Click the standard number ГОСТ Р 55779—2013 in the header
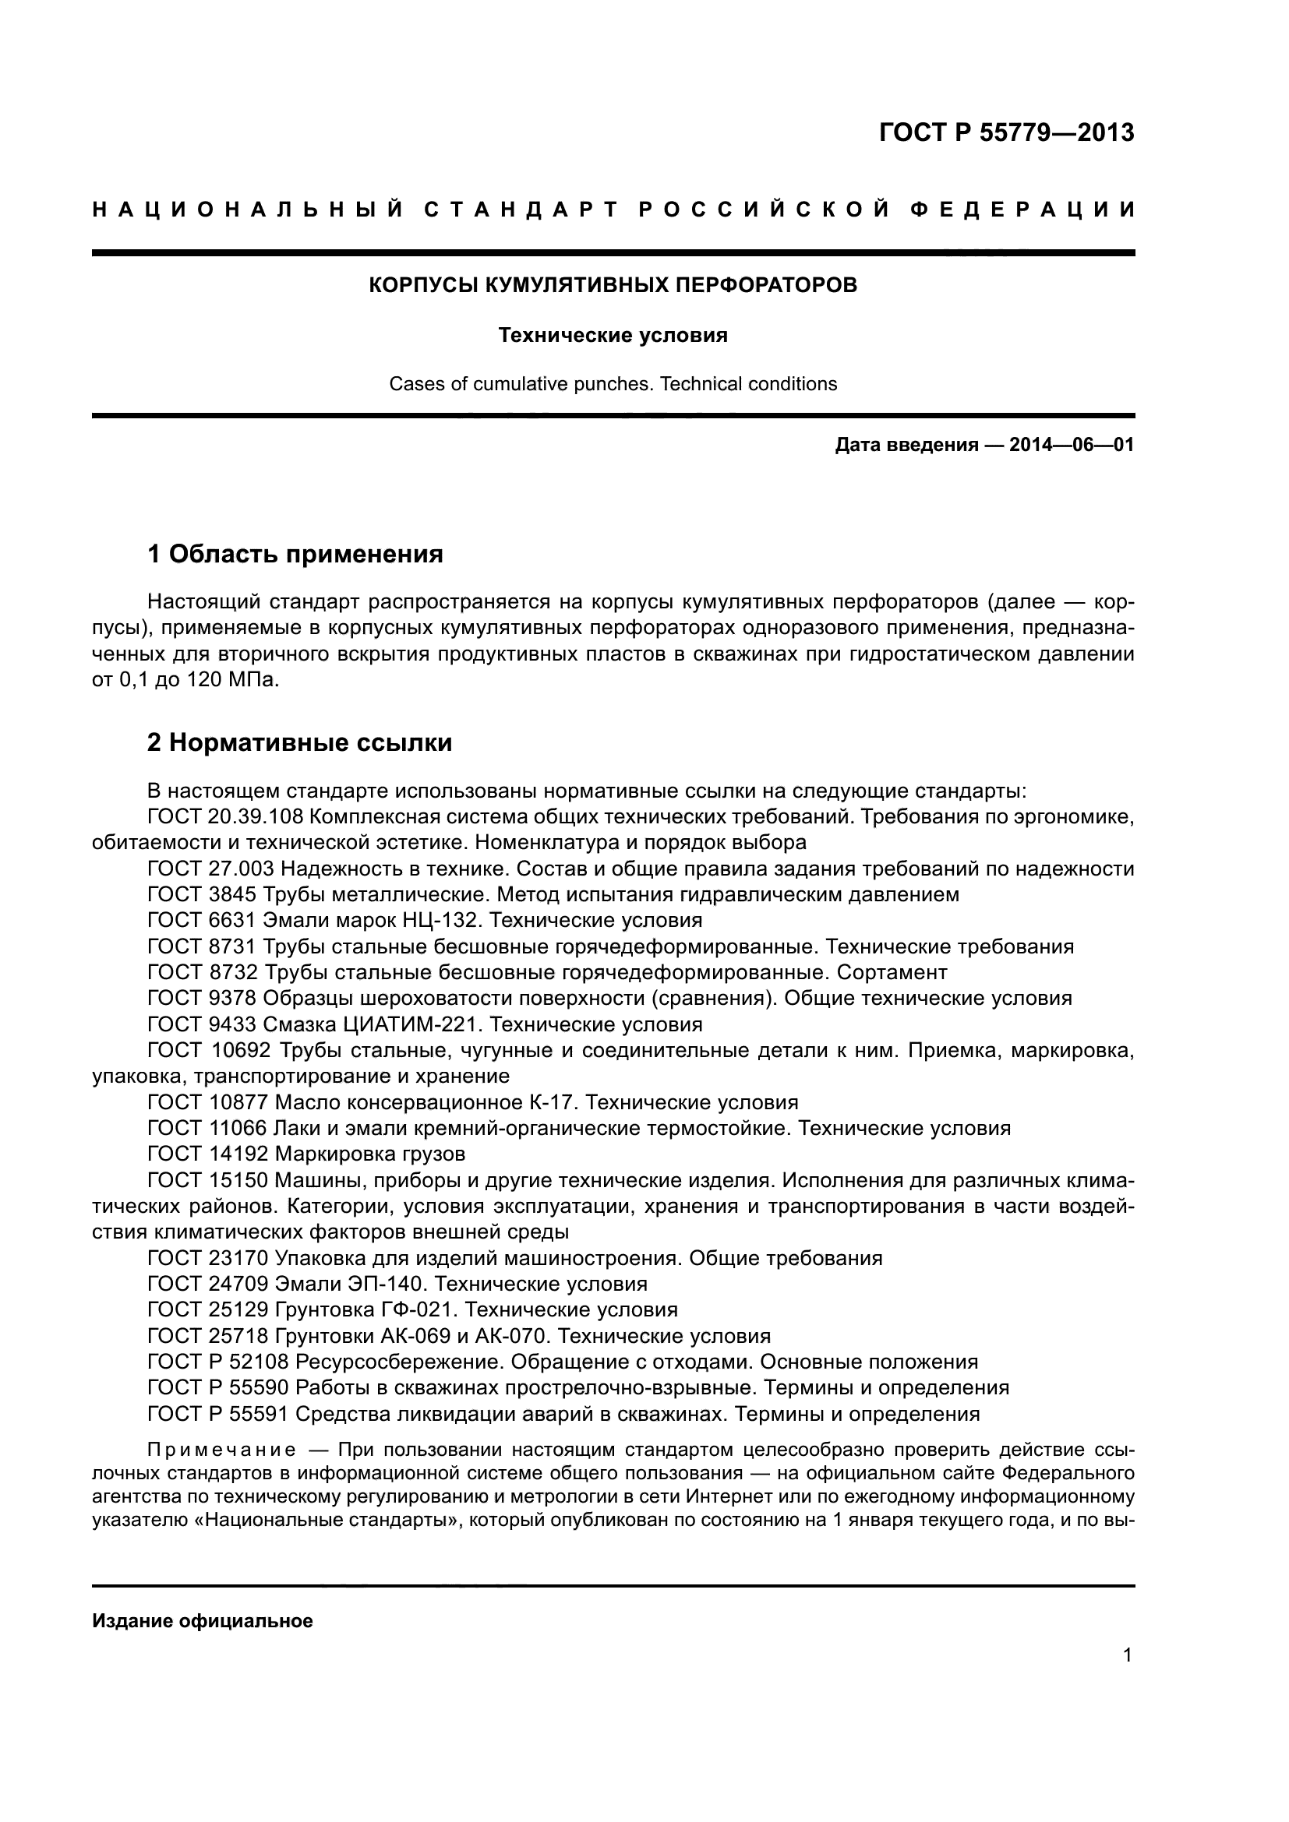(1006, 132)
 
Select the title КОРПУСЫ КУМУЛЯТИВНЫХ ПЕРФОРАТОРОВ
(613, 285)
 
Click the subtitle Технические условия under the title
(613, 336)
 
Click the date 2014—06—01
(1072, 446)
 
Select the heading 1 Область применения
(295, 554)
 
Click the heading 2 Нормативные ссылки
(299, 743)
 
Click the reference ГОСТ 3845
(202, 895)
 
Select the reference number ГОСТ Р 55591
(218, 1414)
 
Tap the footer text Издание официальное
(203, 1621)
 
